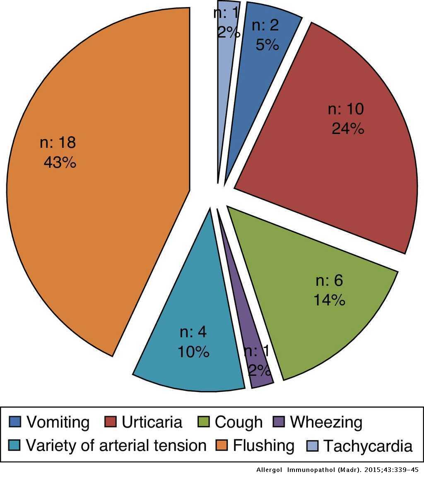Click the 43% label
[x=60, y=162]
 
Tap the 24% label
[x=348, y=129]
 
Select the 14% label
[x=329, y=300]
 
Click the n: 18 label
[x=58, y=143]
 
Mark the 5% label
[x=267, y=45]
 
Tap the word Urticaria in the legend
[x=152, y=422]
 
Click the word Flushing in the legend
[x=263, y=446]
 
